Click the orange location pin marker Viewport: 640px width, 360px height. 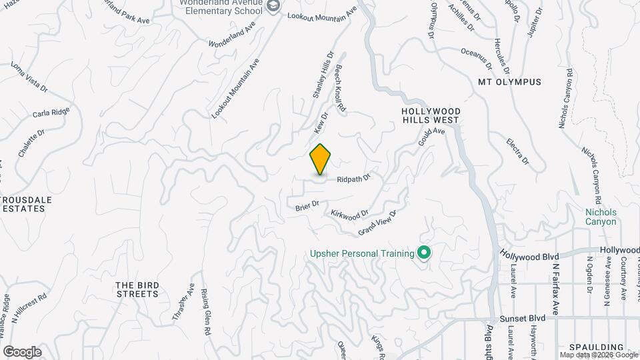click(321, 159)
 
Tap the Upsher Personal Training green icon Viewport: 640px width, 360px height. click(423, 253)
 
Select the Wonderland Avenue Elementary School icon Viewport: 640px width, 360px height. click(273, 5)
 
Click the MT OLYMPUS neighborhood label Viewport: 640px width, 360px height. click(509, 82)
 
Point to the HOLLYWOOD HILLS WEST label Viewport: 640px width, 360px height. click(430, 115)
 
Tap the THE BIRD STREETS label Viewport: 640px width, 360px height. click(138, 289)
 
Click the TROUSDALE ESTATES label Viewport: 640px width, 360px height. click(23, 204)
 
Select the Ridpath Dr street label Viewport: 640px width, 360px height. click(353, 179)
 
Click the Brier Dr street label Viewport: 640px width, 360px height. click(307, 207)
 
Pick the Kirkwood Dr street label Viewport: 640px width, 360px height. click(349, 214)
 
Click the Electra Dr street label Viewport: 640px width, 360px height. click(517, 151)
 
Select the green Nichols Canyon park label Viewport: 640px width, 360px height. click(601, 217)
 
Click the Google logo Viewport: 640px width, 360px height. click(22, 352)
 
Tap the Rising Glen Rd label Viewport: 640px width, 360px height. click(205, 312)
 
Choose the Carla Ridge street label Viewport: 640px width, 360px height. click(51, 113)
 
